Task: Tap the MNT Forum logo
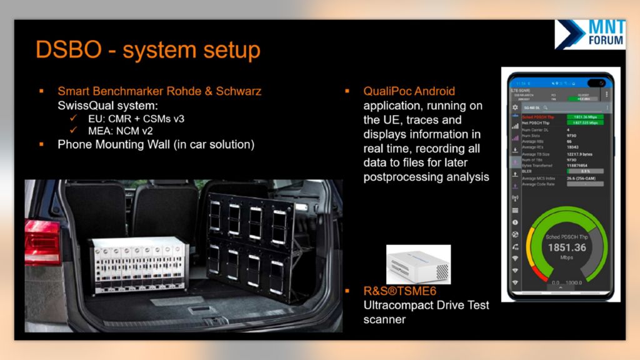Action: pos(589,34)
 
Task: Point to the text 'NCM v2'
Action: pos(130,131)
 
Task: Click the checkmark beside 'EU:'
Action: pos(74,118)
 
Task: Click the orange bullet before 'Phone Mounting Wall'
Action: pos(42,144)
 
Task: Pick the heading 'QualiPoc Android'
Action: pos(409,91)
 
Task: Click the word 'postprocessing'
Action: pos(398,177)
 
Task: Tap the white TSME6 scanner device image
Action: pos(418,262)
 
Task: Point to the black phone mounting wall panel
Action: pos(251,238)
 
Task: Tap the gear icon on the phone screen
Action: pos(516,107)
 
